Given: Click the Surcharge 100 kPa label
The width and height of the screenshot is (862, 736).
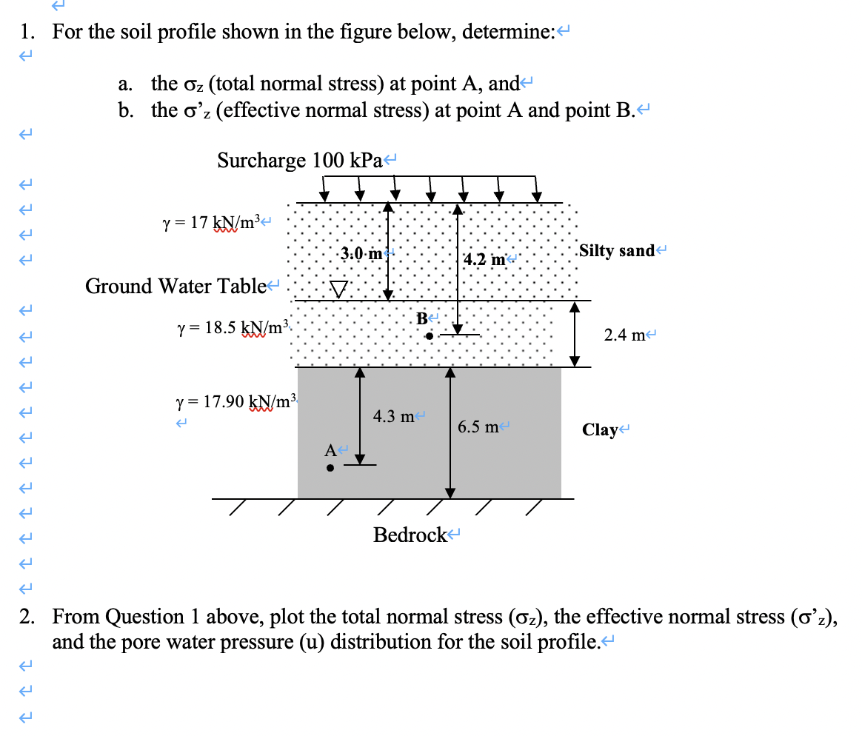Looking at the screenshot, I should pyautogui.click(x=298, y=160).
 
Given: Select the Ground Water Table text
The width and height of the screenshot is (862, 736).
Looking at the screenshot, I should pyautogui.click(x=176, y=285).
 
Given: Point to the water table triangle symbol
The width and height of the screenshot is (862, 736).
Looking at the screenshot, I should pyautogui.click(x=338, y=289).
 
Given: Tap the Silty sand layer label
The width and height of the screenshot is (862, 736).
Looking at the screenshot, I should pyautogui.click(x=617, y=250).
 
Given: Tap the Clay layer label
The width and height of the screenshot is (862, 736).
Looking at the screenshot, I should pyautogui.click(x=599, y=429).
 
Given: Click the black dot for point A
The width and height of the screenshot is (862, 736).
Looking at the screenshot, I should pyautogui.click(x=331, y=468).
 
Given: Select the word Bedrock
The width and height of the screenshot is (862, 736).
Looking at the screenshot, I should pyautogui.click(x=410, y=535).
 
